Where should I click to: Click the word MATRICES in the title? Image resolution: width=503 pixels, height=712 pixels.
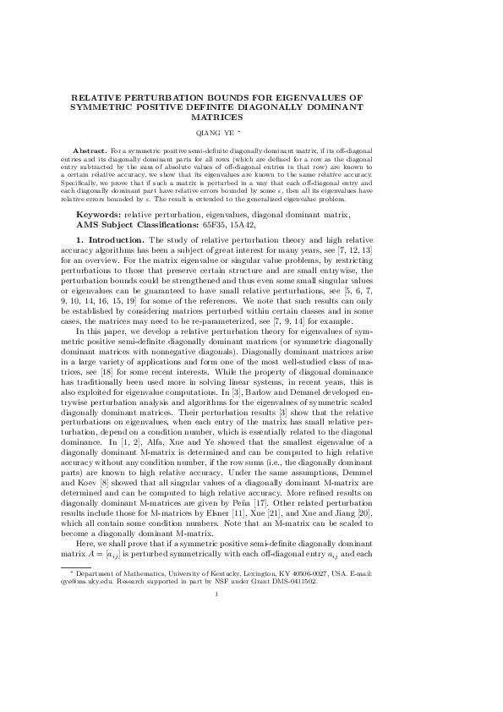pos(251,117)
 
